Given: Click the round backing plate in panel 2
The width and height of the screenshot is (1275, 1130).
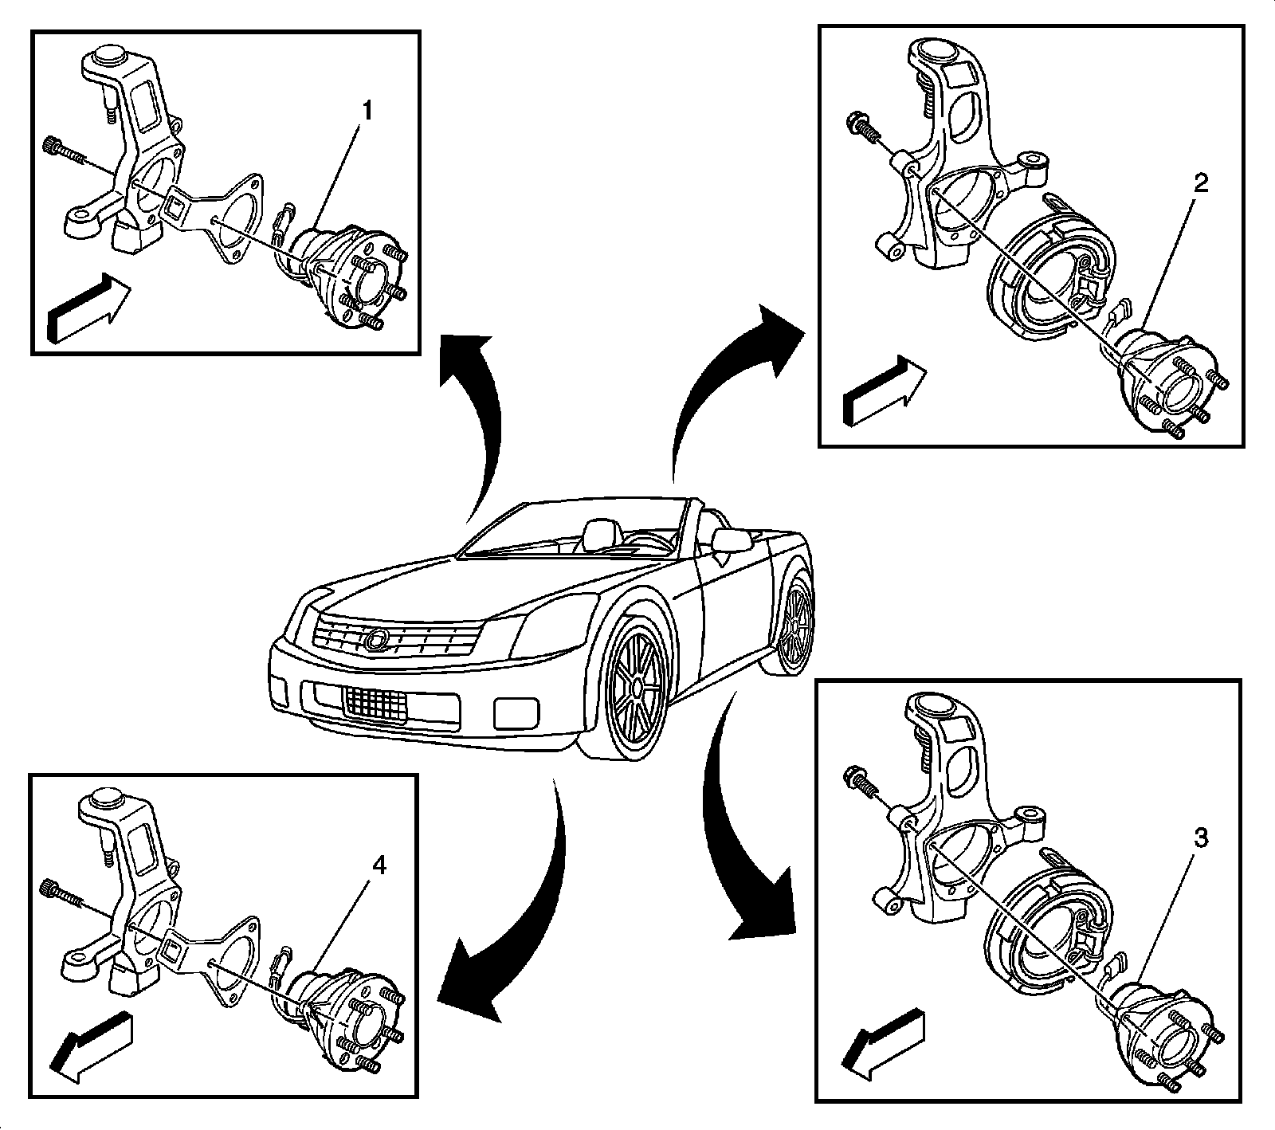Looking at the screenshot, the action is pyautogui.click(x=1044, y=279).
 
